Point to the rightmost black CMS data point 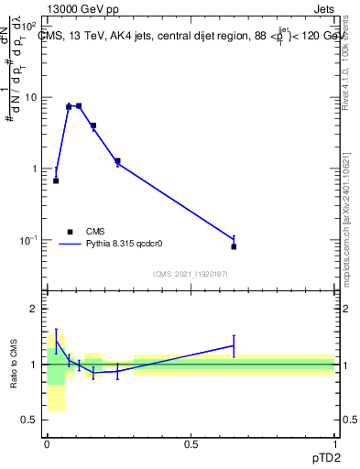(x=234, y=246)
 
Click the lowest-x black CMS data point (x=56, y=180)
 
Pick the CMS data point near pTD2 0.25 (x=117, y=161)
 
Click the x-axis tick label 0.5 (x=191, y=444)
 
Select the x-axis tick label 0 (x=47, y=444)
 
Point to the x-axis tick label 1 (x=334, y=444)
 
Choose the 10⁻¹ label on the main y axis (x=27, y=240)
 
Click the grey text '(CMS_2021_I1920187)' (x=190, y=274)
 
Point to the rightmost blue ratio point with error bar (x=234, y=345)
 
